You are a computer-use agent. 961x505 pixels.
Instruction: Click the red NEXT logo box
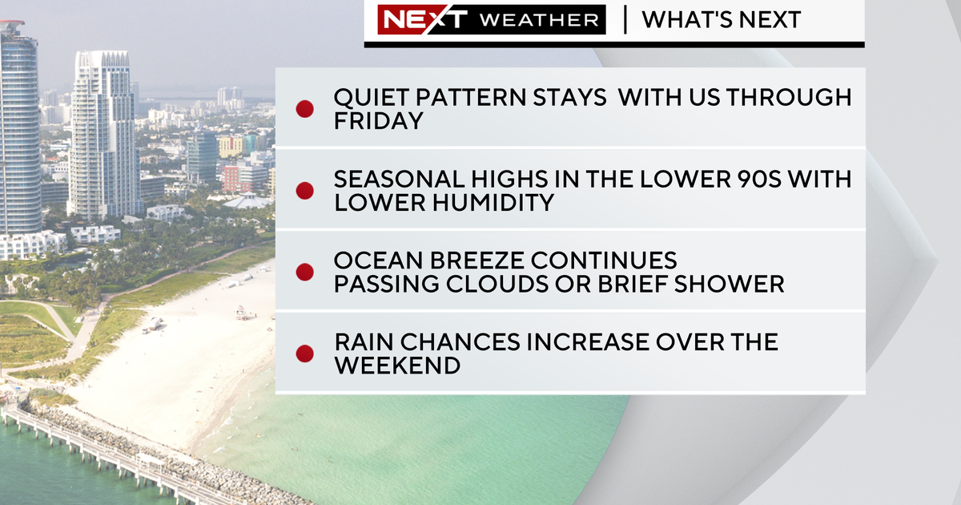pyautogui.click(x=412, y=20)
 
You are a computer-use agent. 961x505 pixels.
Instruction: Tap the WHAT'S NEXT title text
pyautogui.click(x=721, y=20)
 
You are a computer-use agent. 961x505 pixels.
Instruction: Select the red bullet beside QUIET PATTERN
pyautogui.click(x=304, y=109)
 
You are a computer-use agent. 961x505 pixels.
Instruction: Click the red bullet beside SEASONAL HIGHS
pyautogui.click(x=304, y=191)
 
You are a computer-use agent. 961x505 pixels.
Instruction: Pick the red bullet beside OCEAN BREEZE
pyautogui.click(x=304, y=272)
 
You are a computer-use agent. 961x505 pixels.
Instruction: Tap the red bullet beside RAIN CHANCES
pyautogui.click(x=304, y=353)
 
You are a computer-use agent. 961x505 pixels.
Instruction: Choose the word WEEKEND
pyautogui.click(x=397, y=366)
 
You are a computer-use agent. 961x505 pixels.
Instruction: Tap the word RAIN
pyautogui.click(x=366, y=342)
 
